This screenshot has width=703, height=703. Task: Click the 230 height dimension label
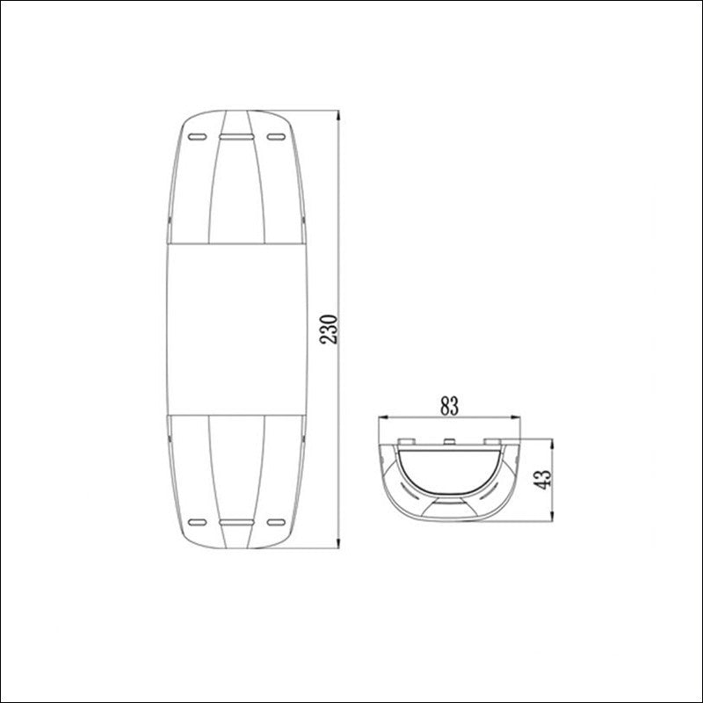329,330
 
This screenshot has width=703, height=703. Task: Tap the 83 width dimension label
450,407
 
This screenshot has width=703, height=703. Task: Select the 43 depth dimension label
543,479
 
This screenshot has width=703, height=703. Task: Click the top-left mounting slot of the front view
197,137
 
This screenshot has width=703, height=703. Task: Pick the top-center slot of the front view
236,137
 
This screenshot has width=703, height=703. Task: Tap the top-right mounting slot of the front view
276,137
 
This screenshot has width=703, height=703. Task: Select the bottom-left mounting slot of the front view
197,522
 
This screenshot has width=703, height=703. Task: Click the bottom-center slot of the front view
236,522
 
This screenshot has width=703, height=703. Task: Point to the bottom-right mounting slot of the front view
276,522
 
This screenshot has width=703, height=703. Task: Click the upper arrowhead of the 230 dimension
338,115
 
